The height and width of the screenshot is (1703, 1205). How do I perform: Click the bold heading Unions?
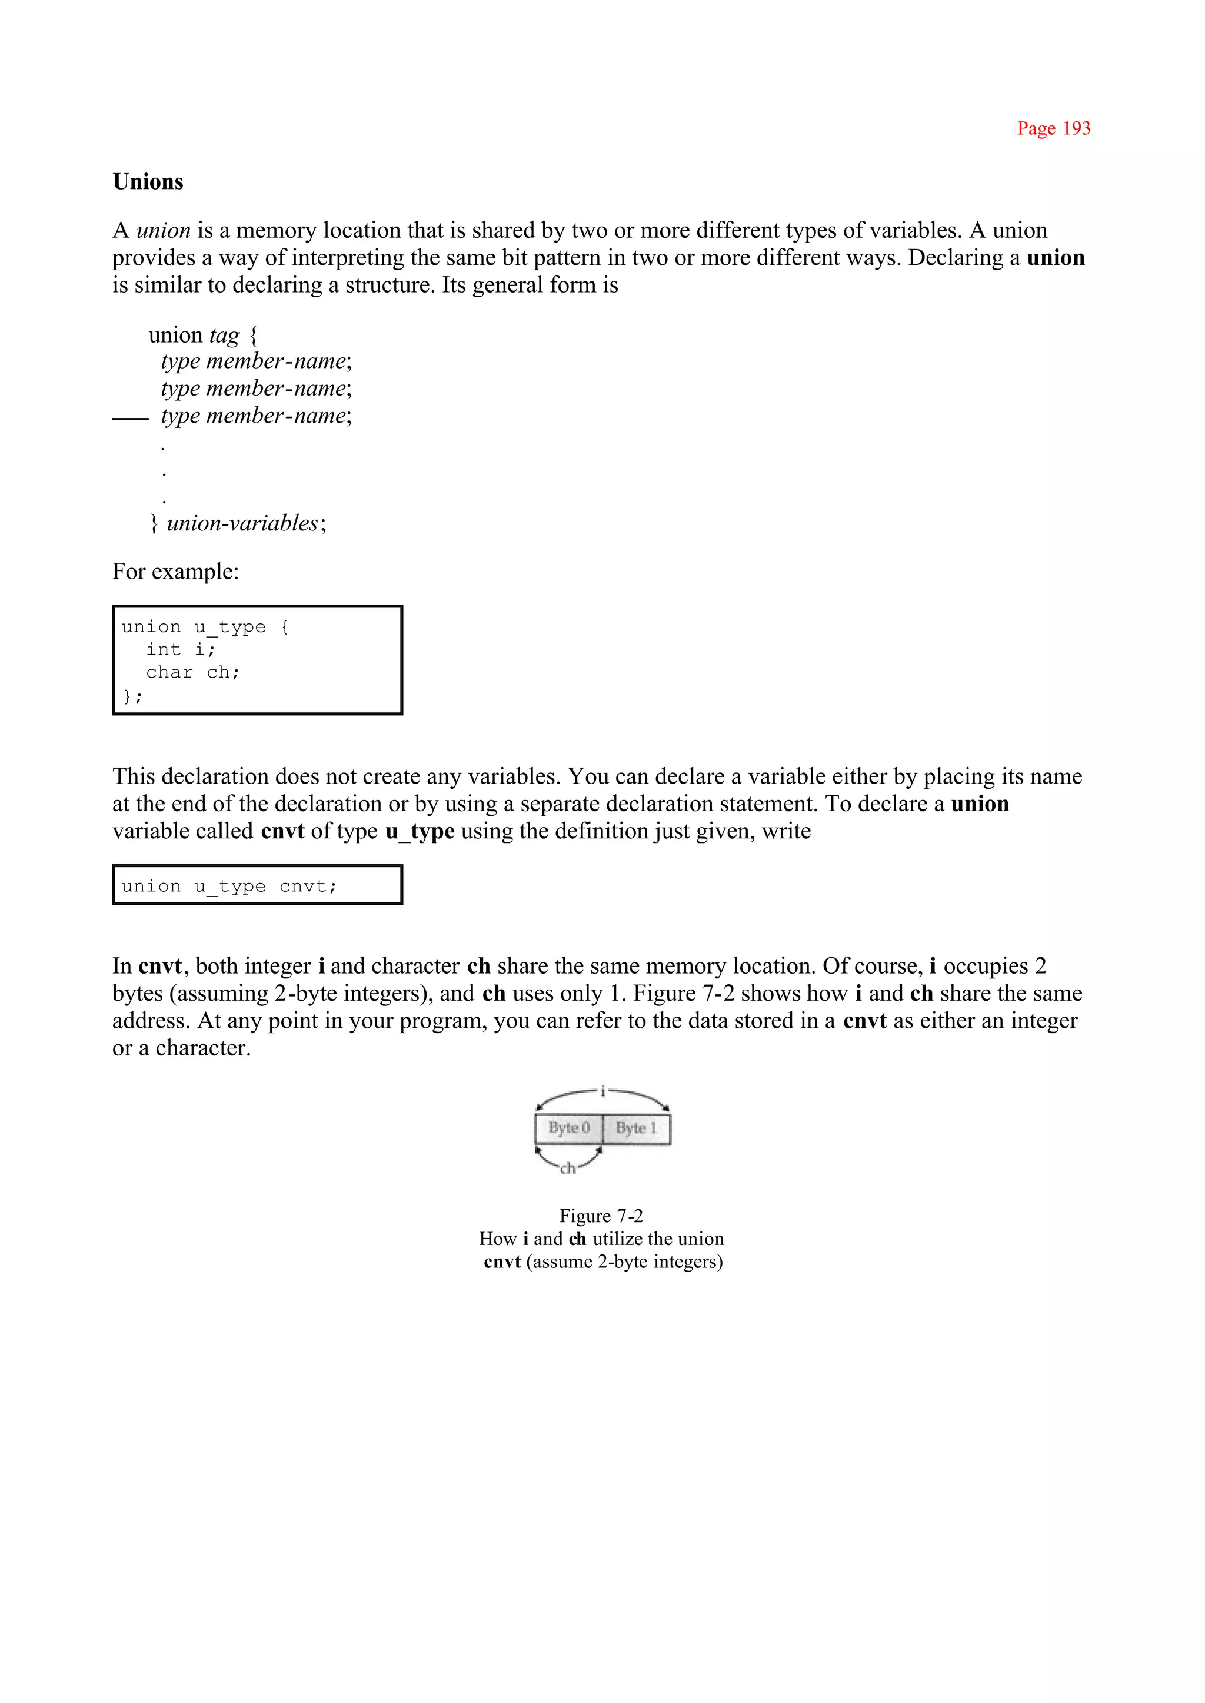[148, 182]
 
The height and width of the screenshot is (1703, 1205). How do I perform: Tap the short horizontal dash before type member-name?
[130, 420]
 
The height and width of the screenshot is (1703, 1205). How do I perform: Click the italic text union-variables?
[242, 523]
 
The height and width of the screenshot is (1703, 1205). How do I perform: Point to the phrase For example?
[175, 572]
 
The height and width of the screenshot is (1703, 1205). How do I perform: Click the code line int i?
[180, 649]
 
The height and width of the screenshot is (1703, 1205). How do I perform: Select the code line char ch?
[192, 673]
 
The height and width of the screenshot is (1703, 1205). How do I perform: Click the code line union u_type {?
[205, 628]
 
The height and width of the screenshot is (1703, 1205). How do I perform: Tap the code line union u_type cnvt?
[229, 887]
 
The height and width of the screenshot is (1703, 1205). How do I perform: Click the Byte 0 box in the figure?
[568, 1128]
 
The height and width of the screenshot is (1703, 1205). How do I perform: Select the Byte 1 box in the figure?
[636, 1128]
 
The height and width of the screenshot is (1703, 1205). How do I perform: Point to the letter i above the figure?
[602, 1091]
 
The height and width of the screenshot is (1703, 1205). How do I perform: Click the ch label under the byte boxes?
[568, 1169]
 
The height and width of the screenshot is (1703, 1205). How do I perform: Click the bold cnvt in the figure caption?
[502, 1262]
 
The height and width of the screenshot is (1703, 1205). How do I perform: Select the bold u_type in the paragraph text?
[420, 831]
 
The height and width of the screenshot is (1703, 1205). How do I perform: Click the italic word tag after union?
[224, 336]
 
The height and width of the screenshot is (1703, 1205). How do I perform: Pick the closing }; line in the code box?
[132, 696]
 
